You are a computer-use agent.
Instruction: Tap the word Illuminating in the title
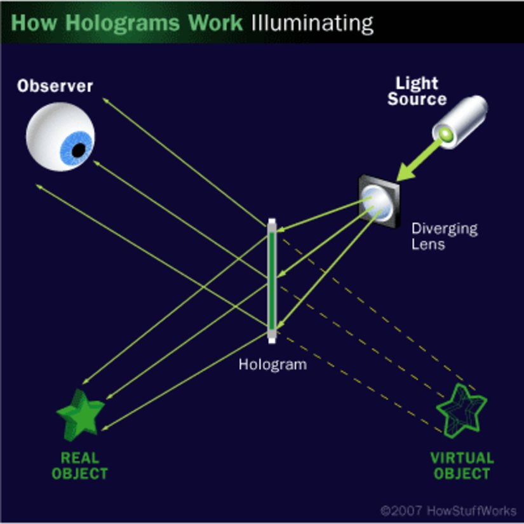312,24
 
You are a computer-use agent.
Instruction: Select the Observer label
55,85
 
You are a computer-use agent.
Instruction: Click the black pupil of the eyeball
78,151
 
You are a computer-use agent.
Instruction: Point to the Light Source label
417,91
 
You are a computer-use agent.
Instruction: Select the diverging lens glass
379,198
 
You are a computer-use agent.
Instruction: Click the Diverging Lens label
444,236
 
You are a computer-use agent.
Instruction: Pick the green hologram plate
272,279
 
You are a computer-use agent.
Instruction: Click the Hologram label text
272,365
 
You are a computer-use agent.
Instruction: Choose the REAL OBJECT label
79,466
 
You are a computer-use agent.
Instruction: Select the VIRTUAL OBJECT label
462,466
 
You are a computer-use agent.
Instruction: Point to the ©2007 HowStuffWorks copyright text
448,510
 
